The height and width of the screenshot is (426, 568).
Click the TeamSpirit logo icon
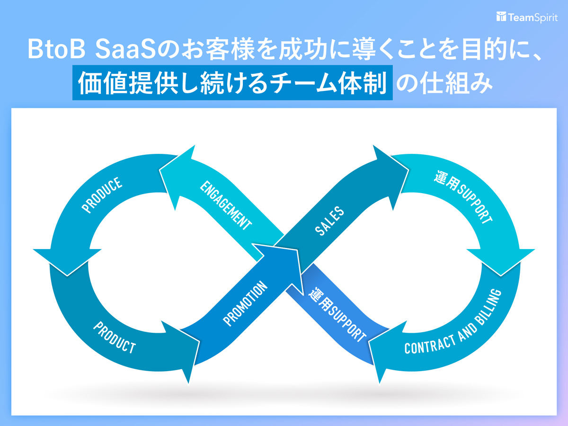(501, 17)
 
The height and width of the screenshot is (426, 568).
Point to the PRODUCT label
(114, 337)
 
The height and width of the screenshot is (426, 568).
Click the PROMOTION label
(245, 304)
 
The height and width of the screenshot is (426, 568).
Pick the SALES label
(329, 221)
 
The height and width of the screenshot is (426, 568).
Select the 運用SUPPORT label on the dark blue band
(337, 314)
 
